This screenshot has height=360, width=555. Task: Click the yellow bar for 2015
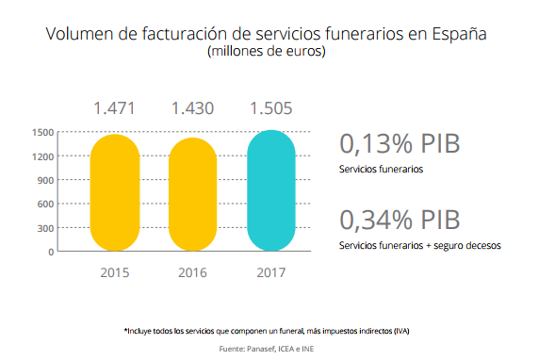(116, 193)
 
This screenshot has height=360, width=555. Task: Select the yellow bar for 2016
(194, 195)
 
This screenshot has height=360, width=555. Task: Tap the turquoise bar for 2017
(271, 191)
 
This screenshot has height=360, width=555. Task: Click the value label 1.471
(116, 107)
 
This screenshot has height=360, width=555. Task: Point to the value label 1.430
(194, 107)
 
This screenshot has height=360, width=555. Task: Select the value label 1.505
(272, 107)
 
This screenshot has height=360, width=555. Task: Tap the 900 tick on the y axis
(43, 180)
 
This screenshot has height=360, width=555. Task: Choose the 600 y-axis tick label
(43, 205)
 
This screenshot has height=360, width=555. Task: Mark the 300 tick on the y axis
(43, 228)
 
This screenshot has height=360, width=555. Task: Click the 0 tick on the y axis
(50, 253)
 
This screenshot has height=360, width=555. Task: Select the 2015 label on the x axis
(116, 273)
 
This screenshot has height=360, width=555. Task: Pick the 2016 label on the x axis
(194, 273)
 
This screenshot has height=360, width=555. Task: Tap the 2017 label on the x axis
(271, 273)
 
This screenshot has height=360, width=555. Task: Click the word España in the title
(459, 35)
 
